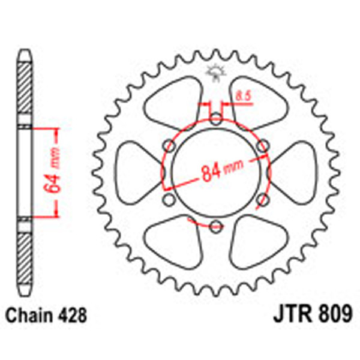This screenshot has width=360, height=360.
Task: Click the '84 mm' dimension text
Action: (x=215, y=173)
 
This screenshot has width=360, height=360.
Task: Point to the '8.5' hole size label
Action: (x=243, y=95)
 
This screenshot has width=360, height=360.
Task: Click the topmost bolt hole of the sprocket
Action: (x=215, y=118)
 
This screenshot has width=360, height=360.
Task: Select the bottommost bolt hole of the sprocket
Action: (x=215, y=226)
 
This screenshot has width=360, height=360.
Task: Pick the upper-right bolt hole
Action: (x=262, y=145)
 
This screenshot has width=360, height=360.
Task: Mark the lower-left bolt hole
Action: (x=169, y=199)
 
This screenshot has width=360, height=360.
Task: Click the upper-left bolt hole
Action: (x=169, y=145)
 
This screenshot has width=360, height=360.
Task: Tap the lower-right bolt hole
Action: (x=262, y=199)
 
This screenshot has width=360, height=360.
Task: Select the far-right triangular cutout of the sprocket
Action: (x=293, y=172)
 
